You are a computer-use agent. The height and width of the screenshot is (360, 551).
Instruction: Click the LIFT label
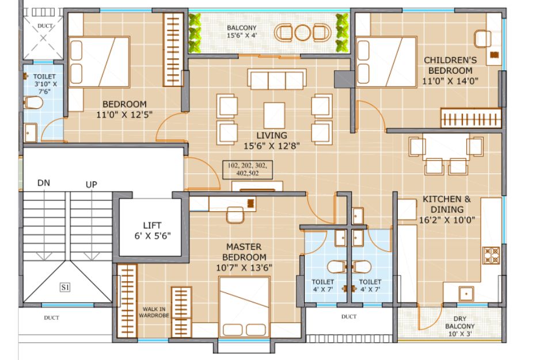[152, 225]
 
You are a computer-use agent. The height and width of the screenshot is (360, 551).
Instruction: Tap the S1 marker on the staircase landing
[65, 287]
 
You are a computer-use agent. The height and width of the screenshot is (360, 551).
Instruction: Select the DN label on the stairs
[44, 183]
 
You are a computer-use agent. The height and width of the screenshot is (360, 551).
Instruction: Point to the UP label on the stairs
[92, 184]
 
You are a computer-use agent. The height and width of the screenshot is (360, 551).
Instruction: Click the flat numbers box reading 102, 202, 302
[248, 169]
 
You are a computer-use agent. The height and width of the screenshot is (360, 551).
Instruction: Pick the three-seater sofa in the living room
[277, 79]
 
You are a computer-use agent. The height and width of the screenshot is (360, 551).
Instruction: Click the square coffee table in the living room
[274, 115]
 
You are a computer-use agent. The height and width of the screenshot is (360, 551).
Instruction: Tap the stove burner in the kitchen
[491, 255]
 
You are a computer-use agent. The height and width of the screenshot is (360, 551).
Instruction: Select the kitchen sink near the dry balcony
[466, 293]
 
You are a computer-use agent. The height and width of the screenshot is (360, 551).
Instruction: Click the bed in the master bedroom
[244, 307]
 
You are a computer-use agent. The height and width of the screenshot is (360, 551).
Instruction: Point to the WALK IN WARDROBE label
[154, 312]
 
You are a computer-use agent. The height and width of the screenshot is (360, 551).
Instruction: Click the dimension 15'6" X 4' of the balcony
[242, 35]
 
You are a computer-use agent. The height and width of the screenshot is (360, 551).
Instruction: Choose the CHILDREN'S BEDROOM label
[450, 65]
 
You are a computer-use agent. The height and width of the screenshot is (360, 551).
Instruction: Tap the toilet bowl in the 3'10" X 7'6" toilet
[33, 103]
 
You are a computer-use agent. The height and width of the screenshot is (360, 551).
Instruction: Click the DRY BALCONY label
[460, 323]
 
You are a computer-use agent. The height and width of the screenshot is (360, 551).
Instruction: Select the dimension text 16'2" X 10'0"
[447, 220]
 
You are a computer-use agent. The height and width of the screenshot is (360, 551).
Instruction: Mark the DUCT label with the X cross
[45, 26]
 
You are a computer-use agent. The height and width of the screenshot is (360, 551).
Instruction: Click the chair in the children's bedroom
[483, 39]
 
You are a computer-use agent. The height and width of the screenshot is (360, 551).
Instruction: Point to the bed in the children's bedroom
[386, 62]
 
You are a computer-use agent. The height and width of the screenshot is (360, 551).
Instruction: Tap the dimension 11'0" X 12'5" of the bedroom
[124, 115]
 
